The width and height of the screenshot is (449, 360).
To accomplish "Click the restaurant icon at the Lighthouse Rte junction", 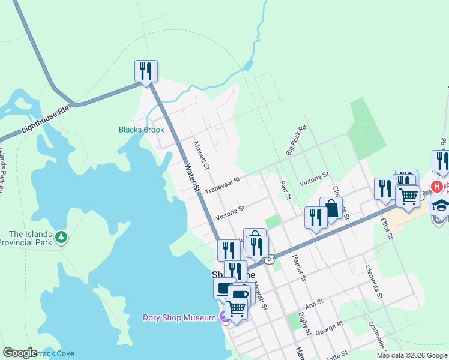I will click(146, 71).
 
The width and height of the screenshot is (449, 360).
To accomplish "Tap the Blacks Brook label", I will click(141, 130).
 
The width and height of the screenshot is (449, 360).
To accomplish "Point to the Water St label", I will click(191, 178).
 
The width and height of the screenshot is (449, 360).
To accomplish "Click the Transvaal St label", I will click(222, 185).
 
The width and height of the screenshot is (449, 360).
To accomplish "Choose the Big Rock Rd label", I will click(296, 140).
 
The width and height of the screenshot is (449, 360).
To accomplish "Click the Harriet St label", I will click(297, 267).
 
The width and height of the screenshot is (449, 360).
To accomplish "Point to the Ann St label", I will click(314, 304).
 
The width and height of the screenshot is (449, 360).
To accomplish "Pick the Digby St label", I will click(304, 322).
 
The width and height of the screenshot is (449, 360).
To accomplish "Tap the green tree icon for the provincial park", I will click(61, 238).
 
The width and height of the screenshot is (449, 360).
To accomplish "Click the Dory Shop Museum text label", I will click(178, 317).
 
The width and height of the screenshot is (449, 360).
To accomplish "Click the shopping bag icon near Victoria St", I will click(331, 209).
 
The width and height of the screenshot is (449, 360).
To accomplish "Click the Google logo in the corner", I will click(20, 353).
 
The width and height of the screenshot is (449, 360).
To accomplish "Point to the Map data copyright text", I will click(412, 355).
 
